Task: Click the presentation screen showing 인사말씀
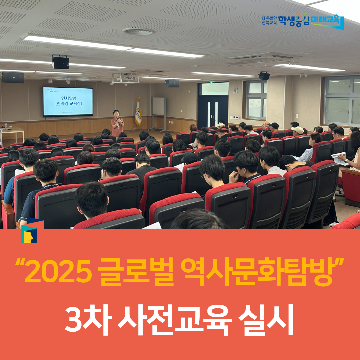click(68, 101)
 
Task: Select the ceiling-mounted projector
click(125, 78)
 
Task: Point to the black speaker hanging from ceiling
click(60, 62)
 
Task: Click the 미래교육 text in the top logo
click(326, 21)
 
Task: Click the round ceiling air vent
click(138, 32)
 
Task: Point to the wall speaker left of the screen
click(13, 77)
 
